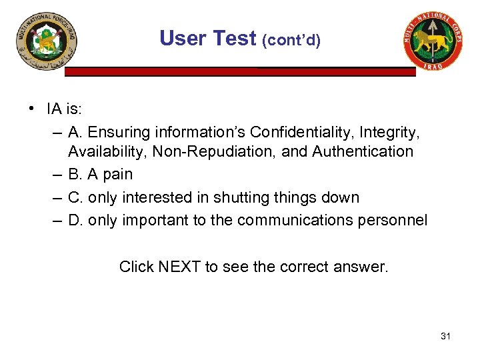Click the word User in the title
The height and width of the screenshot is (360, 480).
pyautogui.click(x=183, y=38)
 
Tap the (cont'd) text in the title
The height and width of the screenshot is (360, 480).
pyautogui.click(x=291, y=41)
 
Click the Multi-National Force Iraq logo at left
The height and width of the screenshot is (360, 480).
pyautogui.click(x=47, y=45)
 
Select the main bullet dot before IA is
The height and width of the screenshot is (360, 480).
pyautogui.click(x=31, y=109)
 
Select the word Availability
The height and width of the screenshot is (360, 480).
pyautogui.click(x=107, y=151)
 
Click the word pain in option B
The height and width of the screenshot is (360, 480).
pyautogui.click(x=117, y=175)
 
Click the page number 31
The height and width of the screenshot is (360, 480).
pyautogui.click(x=445, y=336)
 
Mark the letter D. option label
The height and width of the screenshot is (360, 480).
pyautogui.click(x=75, y=221)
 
